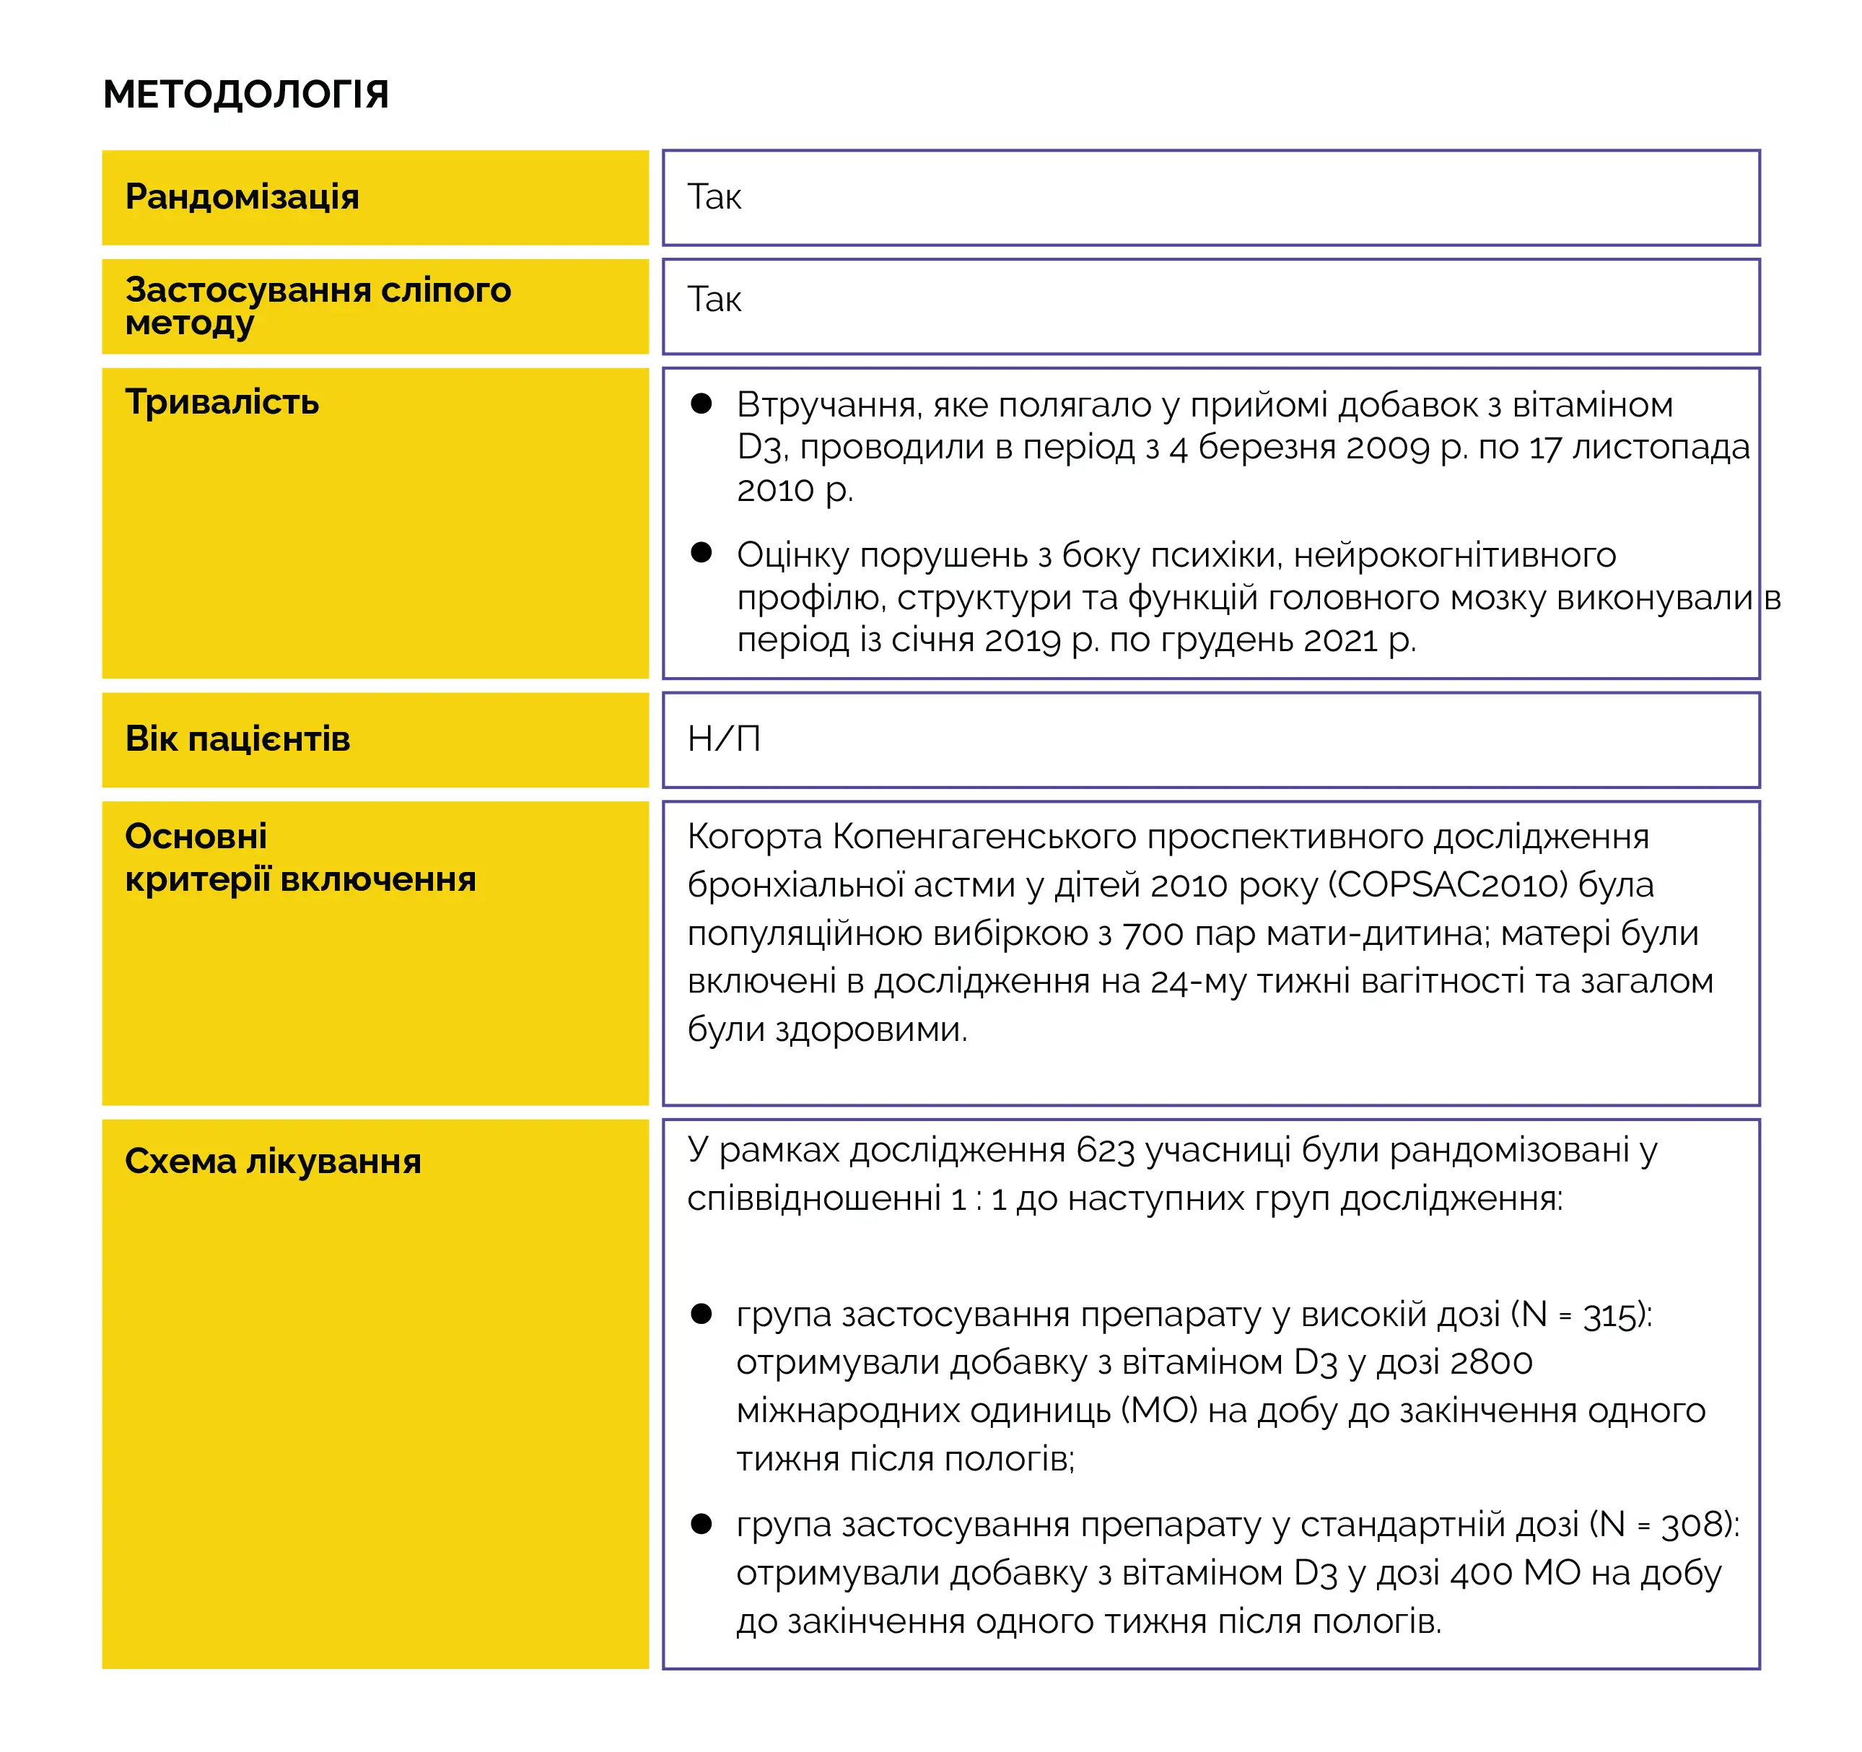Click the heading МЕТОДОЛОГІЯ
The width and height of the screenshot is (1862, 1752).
[x=245, y=95]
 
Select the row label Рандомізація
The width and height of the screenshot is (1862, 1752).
[x=242, y=197]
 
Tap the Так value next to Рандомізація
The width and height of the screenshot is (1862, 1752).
[x=714, y=197]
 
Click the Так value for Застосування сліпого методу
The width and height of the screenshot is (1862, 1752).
[x=714, y=300]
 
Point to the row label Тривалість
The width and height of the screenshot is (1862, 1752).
[x=222, y=402]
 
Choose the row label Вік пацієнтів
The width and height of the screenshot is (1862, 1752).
[x=238, y=739]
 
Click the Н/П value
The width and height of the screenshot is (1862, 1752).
[x=723, y=739]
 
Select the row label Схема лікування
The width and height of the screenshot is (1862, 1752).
[x=273, y=1162]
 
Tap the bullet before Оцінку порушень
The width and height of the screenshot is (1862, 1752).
[x=701, y=553]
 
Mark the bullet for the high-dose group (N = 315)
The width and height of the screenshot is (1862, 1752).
[x=701, y=1314]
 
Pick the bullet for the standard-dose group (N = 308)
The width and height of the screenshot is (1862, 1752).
[x=701, y=1523]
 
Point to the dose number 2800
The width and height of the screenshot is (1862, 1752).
[x=1491, y=1362]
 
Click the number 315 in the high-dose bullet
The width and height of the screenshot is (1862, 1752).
[x=1612, y=1315]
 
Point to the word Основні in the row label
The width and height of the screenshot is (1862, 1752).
[x=196, y=836]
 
